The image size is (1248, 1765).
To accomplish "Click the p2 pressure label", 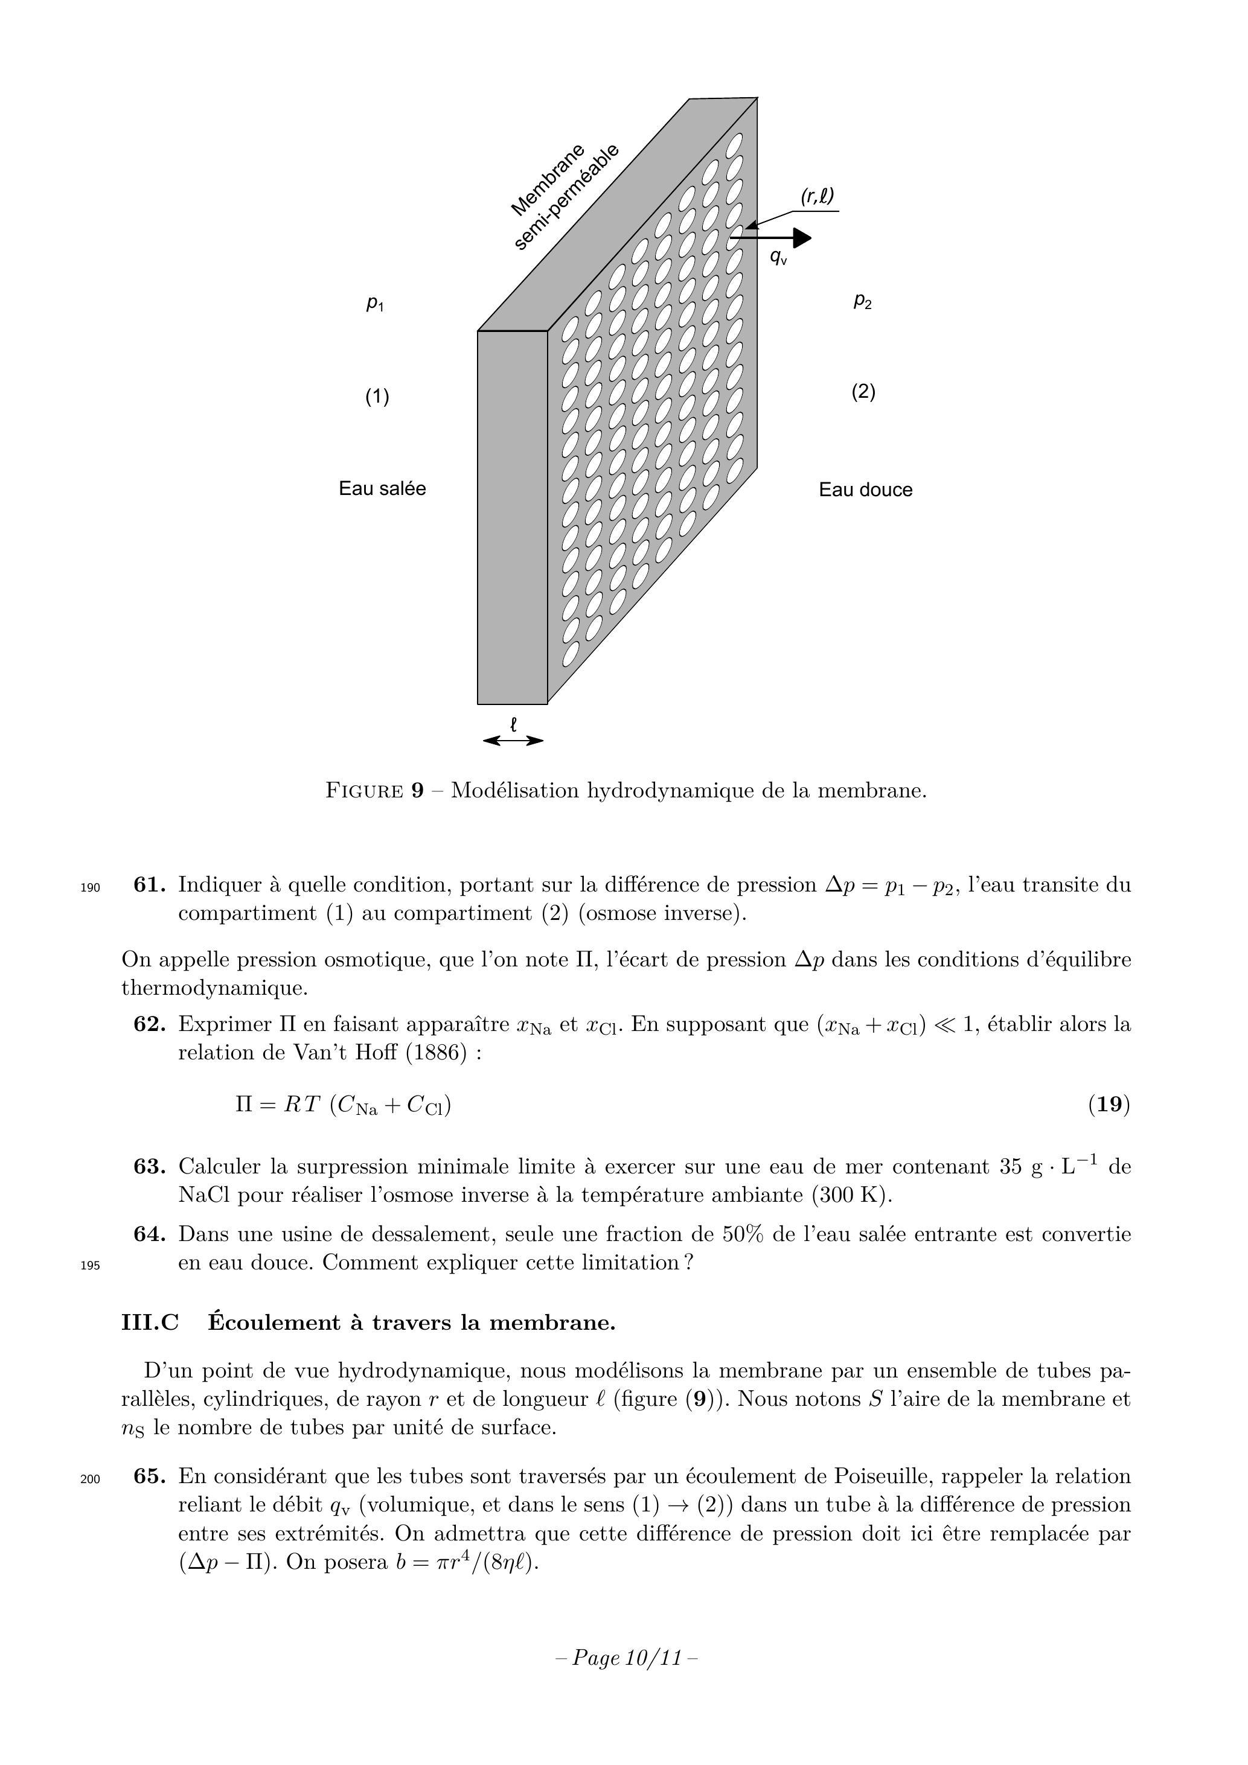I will [863, 301].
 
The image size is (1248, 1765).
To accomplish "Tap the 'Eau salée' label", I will [382, 489].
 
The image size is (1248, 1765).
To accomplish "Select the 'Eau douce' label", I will [865, 491].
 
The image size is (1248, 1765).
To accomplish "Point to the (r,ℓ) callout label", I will [818, 197].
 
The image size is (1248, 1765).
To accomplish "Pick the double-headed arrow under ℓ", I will [513, 741].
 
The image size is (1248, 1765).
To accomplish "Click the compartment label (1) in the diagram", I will [377, 397].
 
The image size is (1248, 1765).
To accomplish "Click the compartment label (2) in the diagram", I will [863, 392].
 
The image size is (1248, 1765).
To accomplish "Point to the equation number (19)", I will [1109, 1105].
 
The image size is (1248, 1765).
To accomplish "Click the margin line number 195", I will [90, 1265].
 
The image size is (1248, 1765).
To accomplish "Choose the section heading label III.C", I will [150, 1323].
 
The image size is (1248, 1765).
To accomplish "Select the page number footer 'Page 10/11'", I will [626, 1658].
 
